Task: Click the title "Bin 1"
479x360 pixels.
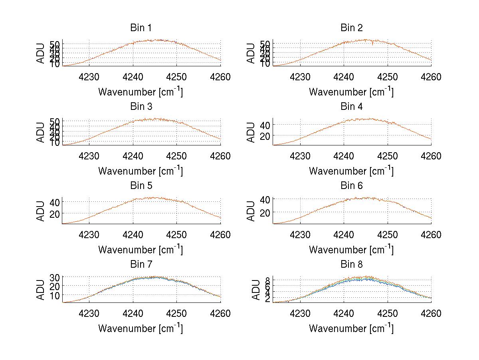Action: tap(141, 28)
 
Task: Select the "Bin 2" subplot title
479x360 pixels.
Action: tap(351, 28)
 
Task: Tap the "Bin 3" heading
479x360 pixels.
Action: tap(141, 107)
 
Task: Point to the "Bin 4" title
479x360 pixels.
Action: tap(351, 107)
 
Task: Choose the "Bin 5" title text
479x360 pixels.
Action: tap(141, 186)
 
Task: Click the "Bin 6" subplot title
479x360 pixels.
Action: tap(351, 186)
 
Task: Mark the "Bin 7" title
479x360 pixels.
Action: tap(141, 265)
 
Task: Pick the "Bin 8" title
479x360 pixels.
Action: tap(351, 265)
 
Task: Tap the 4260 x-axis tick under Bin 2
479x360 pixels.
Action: tap(431, 77)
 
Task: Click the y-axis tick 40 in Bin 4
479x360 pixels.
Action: tap(266, 125)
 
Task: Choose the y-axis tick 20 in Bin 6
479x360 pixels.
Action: tap(266, 212)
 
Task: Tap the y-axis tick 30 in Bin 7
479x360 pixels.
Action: tap(55, 277)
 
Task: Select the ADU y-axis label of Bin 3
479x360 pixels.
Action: tap(41, 133)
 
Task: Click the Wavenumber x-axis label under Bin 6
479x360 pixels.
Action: tap(351, 250)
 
